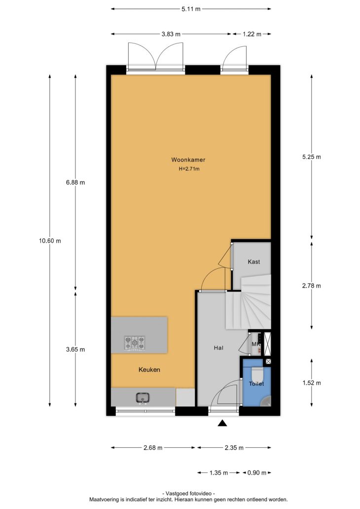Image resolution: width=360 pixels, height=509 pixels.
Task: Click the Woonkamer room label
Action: (188, 160)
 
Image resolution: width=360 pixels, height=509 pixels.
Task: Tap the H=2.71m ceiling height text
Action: (189, 169)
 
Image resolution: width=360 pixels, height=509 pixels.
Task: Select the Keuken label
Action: (149, 369)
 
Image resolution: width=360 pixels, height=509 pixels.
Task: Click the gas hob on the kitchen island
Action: (135, 343)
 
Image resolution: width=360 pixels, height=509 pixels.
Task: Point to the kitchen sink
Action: (143, 398)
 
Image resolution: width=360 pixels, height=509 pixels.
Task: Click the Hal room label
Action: (219, 348)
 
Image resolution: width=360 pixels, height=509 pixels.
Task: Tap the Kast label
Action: (254, 261)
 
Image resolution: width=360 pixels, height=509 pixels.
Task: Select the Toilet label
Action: (256, 384)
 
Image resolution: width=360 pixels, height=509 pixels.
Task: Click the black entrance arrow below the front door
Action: (222, 423)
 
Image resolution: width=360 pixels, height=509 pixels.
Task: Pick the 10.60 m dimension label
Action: (50, 241)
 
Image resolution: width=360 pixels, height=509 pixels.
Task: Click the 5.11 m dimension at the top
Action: (191, 9)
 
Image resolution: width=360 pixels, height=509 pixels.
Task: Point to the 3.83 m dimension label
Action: (171, 34)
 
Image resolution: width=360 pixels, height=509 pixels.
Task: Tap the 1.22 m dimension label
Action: (252, 34)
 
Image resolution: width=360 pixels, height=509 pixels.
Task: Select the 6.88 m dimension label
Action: (75, 182)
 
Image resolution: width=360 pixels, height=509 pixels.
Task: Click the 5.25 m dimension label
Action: (312, 157)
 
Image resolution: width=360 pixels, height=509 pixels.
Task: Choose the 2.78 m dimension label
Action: (312, 286)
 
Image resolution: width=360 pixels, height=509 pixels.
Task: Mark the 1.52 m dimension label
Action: (312, 383)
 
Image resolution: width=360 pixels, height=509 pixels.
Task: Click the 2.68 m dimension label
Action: (153, 448)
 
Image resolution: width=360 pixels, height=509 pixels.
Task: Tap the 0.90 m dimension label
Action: (257, 473)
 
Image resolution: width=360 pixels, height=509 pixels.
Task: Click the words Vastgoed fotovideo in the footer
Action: (188, 493)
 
